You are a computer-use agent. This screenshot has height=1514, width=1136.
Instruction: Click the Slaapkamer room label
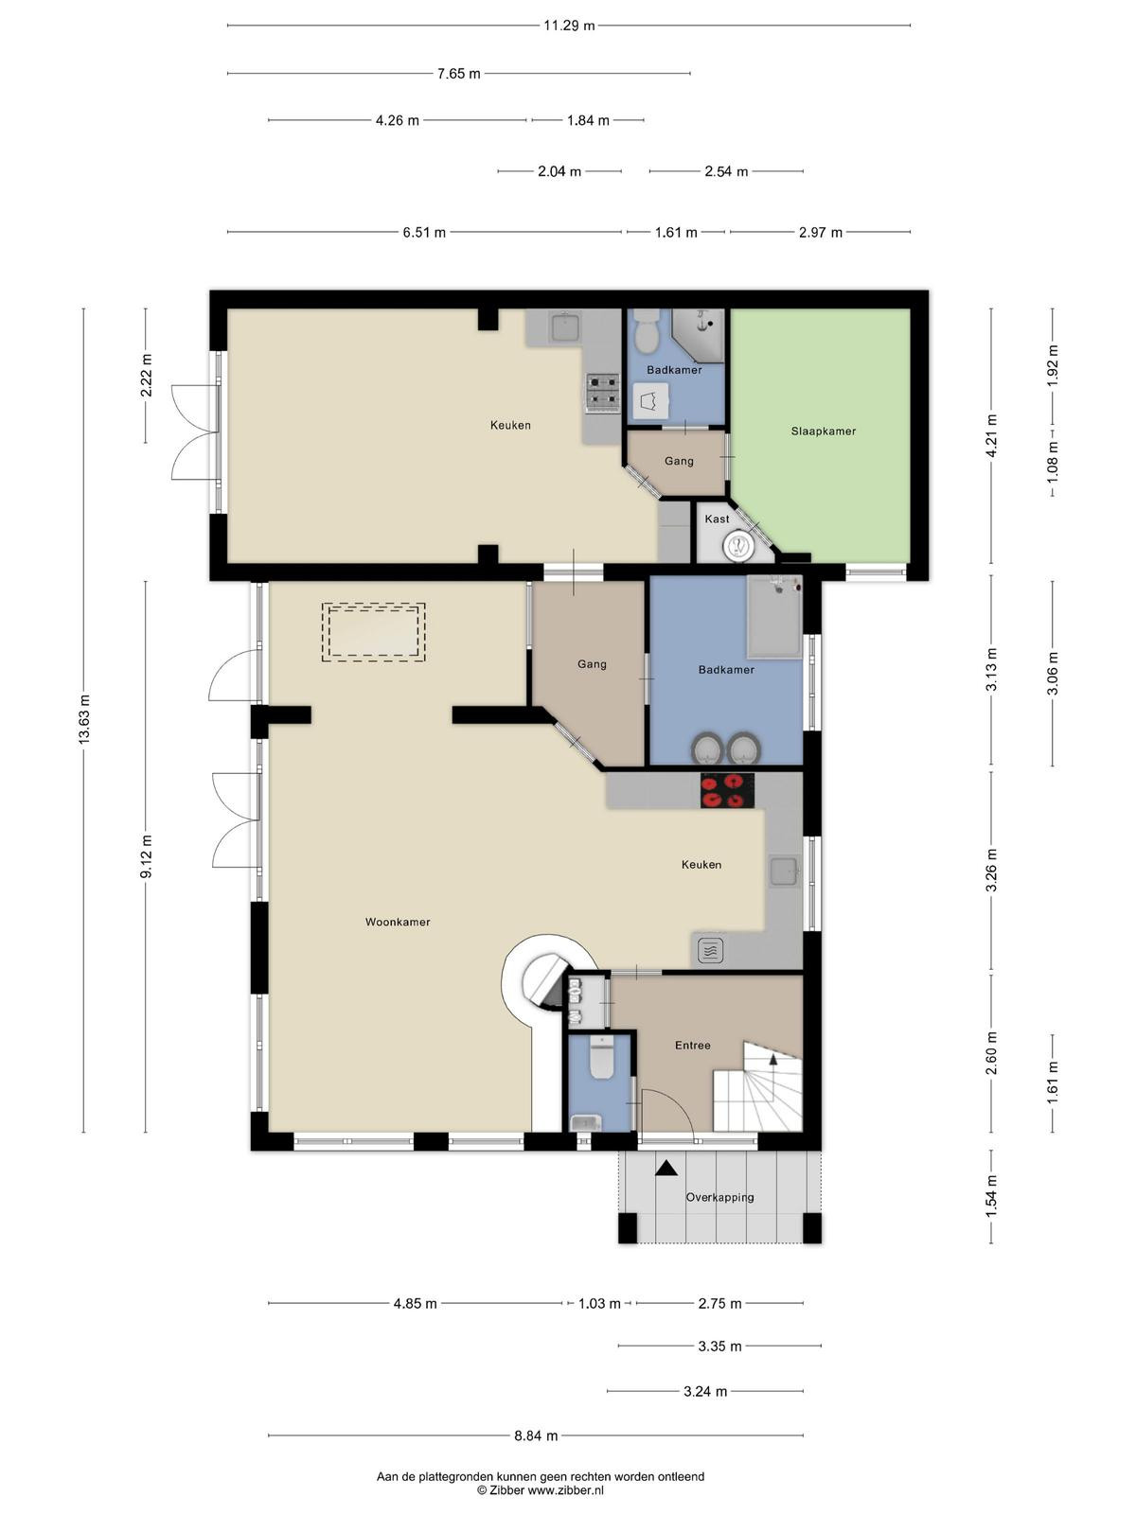[823, 431]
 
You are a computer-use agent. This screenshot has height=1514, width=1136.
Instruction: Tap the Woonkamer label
[398, 922]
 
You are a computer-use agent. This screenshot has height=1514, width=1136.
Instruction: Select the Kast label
[717, 519]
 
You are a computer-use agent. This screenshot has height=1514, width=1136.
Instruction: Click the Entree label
[693, 1045]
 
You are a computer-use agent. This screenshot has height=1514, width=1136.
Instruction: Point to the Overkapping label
[719, 1197]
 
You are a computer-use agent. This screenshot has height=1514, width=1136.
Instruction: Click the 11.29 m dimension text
[569, 26]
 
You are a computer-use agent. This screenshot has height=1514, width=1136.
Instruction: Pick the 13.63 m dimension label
[84, 719]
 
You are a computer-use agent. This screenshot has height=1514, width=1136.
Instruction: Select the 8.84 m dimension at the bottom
[536, 1436]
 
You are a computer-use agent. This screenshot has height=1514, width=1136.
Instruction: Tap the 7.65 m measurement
[459, 73]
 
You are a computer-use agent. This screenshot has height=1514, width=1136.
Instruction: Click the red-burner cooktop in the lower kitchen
[728, 790]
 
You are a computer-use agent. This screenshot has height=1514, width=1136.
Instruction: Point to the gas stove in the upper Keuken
[603, 393]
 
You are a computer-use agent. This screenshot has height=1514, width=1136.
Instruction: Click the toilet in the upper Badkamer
[647, 330]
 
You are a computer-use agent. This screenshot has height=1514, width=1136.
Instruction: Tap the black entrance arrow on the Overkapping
[666, 1167]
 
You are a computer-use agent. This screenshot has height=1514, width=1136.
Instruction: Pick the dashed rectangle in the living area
[373, 632]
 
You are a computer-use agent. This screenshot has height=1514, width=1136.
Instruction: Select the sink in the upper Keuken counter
[565, 327]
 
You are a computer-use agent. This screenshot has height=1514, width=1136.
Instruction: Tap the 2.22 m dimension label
[146, 376]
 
